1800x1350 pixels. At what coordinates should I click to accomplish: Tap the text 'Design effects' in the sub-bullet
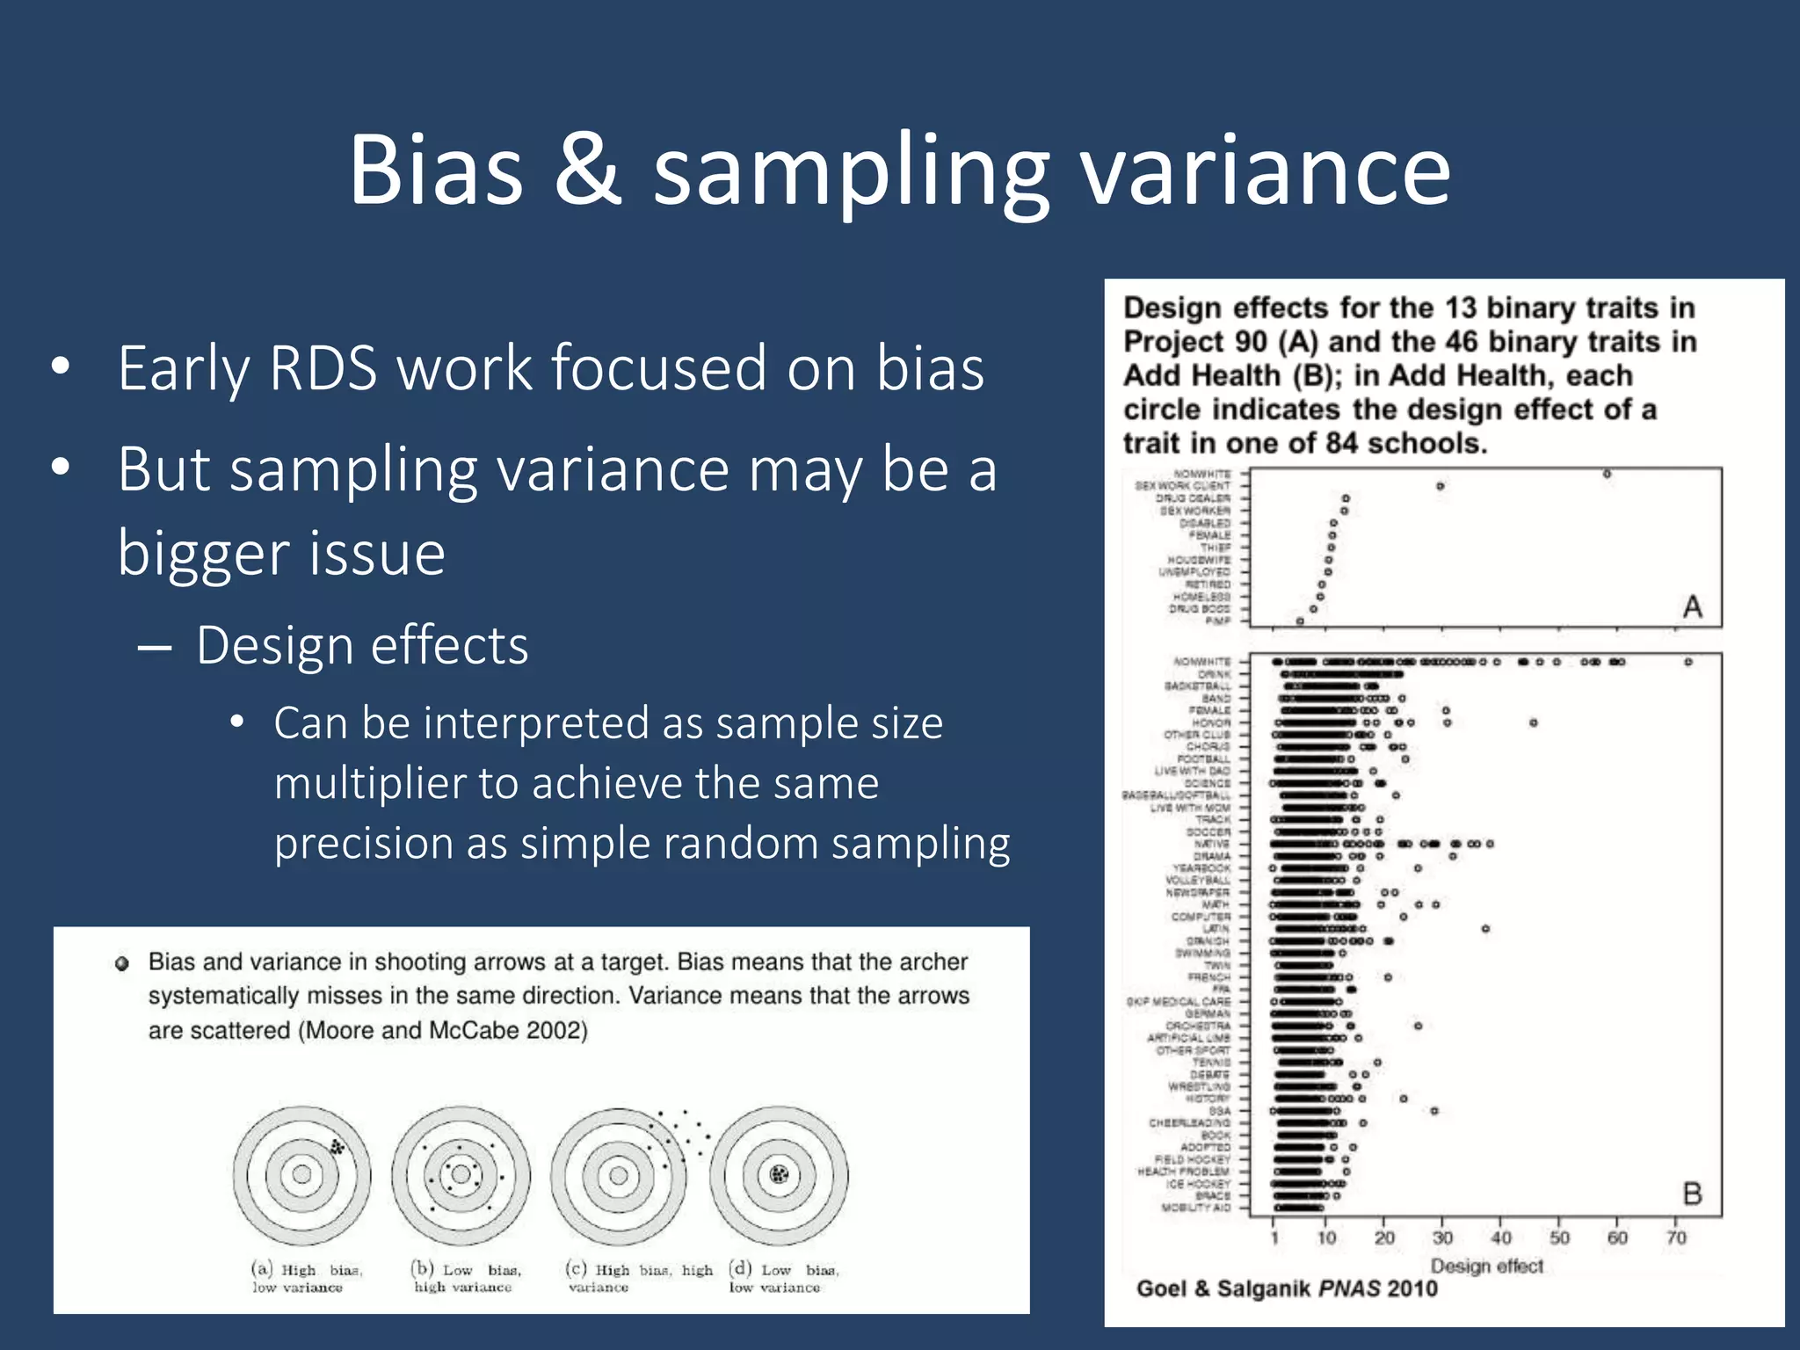tap(362, 646)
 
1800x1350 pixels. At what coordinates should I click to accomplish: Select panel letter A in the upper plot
tap(1692, 606)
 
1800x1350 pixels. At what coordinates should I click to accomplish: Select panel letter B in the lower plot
tap(1692, 1194)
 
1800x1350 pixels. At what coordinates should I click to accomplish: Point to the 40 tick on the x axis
tap(1500, 1237)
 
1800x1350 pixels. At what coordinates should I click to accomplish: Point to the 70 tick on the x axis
tap(1676, 1237)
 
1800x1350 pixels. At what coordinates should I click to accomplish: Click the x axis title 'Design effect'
tap(1487, 1266)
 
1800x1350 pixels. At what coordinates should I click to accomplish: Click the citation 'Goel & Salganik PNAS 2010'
tap(1287, 1288)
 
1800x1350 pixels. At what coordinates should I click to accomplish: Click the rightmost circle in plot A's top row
tap(1607, 474)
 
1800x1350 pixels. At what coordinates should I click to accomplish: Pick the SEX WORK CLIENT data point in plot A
tap(1440, 486)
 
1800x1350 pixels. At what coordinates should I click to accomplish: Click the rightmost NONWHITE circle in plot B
tap(1688, 662)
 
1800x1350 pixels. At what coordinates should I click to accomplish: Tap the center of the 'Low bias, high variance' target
tap(461, 1174)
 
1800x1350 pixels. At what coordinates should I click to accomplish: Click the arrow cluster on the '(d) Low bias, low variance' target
tap(779, 1173)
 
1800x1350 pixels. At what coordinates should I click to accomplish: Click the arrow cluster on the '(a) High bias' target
tap(337, 1147)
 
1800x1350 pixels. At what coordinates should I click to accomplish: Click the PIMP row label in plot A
tap(1217, 621)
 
